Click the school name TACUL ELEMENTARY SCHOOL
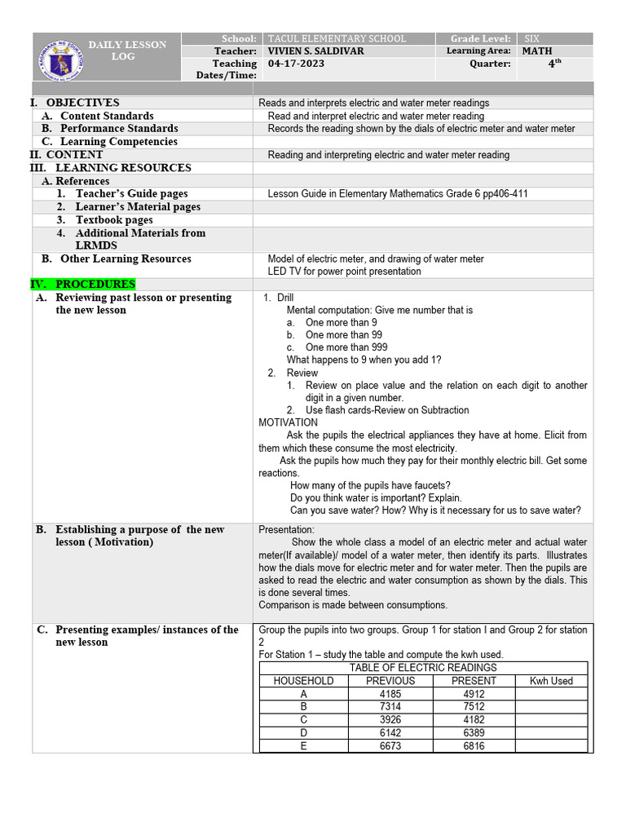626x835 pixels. pos(336,39)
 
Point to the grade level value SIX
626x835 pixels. pos(532,39)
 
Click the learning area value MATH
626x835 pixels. pos(537,51)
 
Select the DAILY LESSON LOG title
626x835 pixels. pos(127,51)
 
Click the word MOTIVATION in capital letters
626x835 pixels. pos(288,422)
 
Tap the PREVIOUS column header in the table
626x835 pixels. pos(390,681)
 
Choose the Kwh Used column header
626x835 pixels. pos(551,681)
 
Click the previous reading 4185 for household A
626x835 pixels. pos(390,694)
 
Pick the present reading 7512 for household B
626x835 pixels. pos(474,707)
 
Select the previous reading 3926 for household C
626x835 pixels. pos(390,720)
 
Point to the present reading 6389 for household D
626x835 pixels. pos(474,733)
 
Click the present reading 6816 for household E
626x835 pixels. pos(474,746)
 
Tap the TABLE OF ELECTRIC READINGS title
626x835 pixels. pos(423,668)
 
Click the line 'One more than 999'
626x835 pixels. pos(346,347)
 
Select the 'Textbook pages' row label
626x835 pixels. pos(114,220)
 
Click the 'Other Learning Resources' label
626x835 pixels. pos(126,259)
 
